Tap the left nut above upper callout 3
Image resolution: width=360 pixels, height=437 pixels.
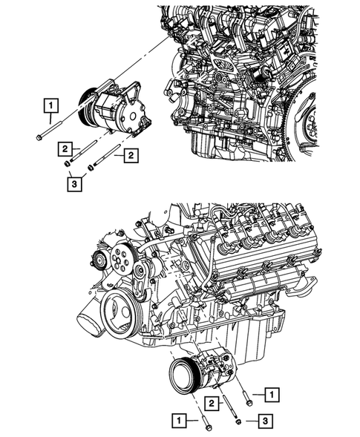[x=69, y=163]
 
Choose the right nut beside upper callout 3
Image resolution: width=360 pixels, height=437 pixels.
[x=90, y=167]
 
